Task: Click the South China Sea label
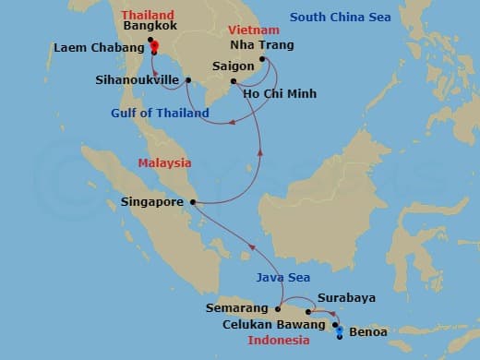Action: [340, 18]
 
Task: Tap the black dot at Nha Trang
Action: [263, 60]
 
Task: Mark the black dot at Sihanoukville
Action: [188, 80]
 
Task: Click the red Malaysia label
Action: [164, 162]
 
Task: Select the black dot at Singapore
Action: [192, 202]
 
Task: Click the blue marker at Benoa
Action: [340, 330]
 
